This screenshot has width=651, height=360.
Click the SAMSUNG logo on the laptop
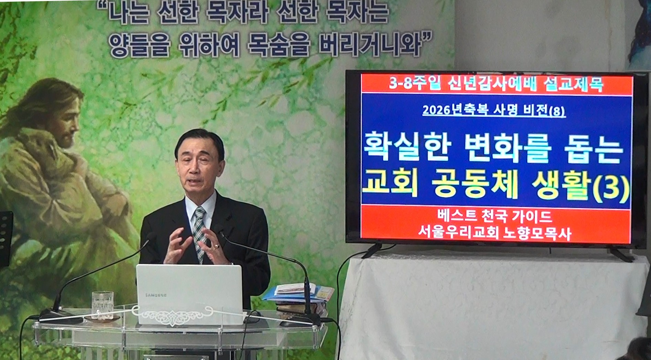click(x=156, y=295)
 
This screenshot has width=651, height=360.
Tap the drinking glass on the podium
click(x=103, y=305)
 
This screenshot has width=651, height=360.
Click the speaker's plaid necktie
click(x=200, y=234)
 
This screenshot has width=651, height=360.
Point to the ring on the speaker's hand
click(x=216, y=246)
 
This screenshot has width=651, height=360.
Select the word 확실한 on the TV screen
click(x=407, y=148)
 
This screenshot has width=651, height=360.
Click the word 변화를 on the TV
click(x=508, y=148)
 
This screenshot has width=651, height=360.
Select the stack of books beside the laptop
click(x=298, y=299)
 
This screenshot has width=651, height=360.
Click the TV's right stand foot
click(x=622, y=254)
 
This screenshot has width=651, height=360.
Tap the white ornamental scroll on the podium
click(x=172, y=315)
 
